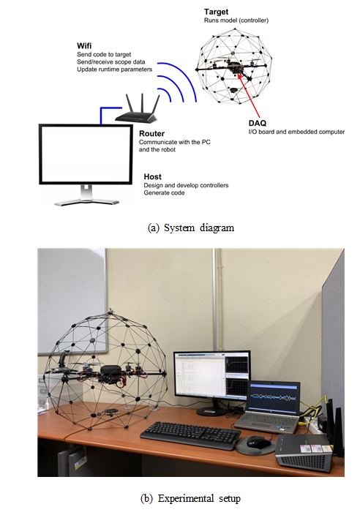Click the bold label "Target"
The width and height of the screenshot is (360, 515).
point(216,12)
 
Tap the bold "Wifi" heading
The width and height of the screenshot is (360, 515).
point(84,45)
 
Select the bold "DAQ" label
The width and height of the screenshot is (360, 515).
point(257,123)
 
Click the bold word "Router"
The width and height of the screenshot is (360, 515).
point(151,134)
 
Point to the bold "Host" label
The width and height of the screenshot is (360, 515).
point(152,177)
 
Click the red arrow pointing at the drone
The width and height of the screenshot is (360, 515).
point(249,96)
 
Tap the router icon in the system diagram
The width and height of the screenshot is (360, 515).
point(138,109)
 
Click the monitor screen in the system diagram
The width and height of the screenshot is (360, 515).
point(86,154)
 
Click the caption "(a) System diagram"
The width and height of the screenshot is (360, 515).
point(191,228)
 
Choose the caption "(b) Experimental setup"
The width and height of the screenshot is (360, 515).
point(190,498)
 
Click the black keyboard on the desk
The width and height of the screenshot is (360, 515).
point(190,435)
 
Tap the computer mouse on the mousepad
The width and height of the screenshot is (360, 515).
point(259,442)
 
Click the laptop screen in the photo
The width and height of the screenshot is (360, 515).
point(273,398)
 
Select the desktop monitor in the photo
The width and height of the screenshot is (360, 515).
point(212,375)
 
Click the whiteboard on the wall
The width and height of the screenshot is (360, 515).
point(72,300)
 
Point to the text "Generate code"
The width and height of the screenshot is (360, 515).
point(164,193)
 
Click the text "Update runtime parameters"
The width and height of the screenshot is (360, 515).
point(115,69)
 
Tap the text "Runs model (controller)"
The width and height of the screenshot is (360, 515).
point(236,20)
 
